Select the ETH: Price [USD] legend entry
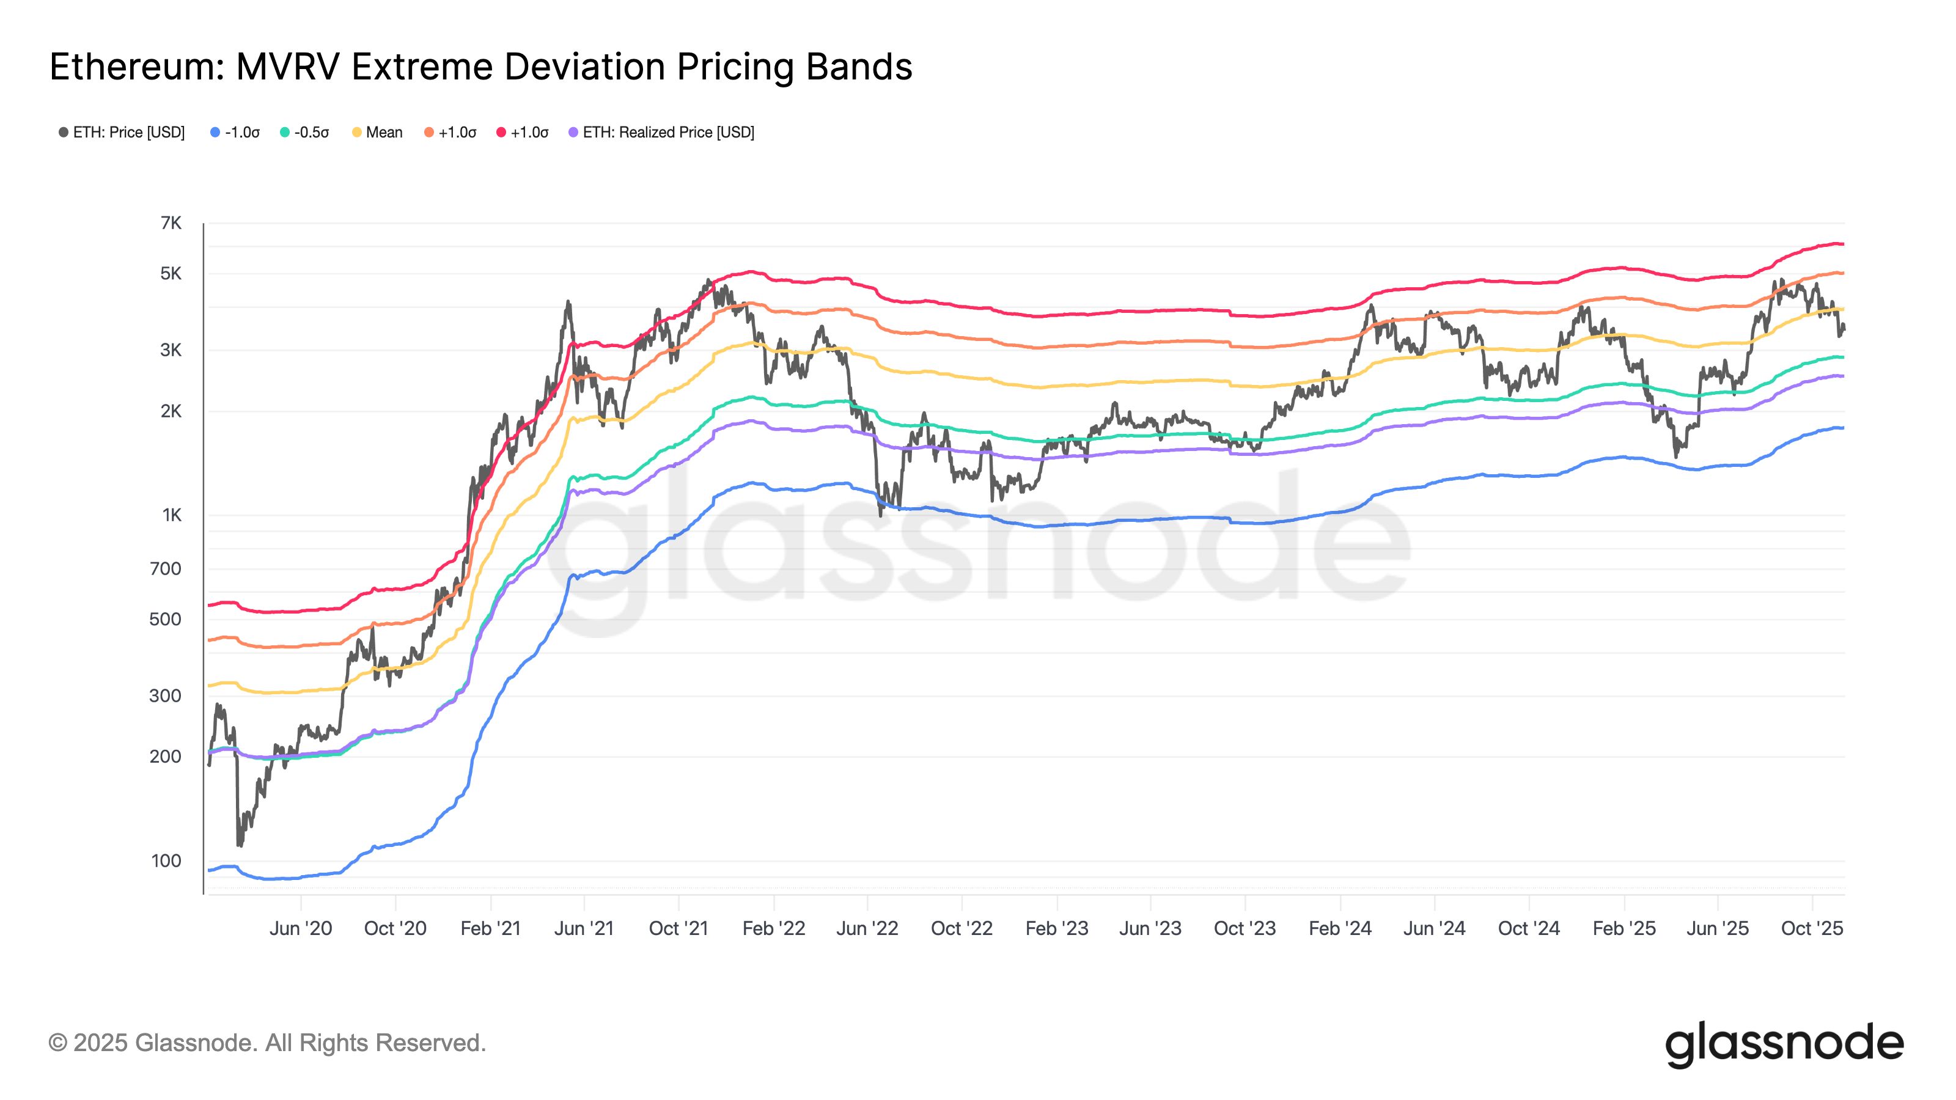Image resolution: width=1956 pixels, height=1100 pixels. [122, 132]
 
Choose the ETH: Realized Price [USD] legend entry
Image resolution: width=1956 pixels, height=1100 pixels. [661, 132]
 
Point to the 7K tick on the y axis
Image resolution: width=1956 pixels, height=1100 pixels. [171, 223]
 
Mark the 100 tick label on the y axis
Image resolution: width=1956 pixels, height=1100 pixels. [166, 861]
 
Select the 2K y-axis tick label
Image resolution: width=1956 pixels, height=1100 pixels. [171, 411]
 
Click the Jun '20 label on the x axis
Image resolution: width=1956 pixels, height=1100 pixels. [301, 928]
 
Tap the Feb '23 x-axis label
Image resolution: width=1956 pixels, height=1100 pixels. [1056, 928]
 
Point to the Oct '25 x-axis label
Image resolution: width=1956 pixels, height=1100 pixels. [1812, 928]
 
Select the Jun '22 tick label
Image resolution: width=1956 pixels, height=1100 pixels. [867, 928]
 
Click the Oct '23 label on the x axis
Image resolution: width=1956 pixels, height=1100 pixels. [1245, 928]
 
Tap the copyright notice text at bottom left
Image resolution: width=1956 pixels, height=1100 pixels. [267, 1043]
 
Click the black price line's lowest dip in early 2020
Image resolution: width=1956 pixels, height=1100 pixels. [240, 843]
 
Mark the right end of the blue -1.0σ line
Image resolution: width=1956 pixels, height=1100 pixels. [1842, 428]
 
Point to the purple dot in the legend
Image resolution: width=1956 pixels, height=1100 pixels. [573, 132]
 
